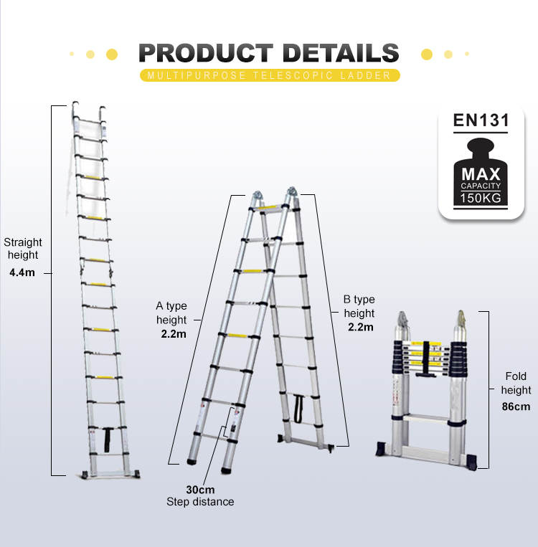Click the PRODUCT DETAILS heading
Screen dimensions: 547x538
coord(268,53)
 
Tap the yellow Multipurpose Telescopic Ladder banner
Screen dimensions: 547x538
coord(268,75)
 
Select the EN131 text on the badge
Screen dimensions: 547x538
coord(481,120)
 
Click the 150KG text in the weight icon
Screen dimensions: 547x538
coord(481,197)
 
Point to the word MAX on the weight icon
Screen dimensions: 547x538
coord(481,174)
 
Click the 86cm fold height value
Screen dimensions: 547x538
coord(516,407)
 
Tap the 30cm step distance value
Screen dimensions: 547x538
coord(200,490)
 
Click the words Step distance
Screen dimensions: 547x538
coord(200,502)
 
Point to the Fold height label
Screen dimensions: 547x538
coord(516,384)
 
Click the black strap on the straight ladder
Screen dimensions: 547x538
coord(108,437)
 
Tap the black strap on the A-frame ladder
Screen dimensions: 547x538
coord(298,407)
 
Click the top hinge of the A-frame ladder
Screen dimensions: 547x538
coord(273,196)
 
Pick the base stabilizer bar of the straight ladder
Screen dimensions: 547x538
coord(109,474)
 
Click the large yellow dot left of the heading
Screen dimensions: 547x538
coord(111,54)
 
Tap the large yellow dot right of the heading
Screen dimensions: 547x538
coord(426,54)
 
